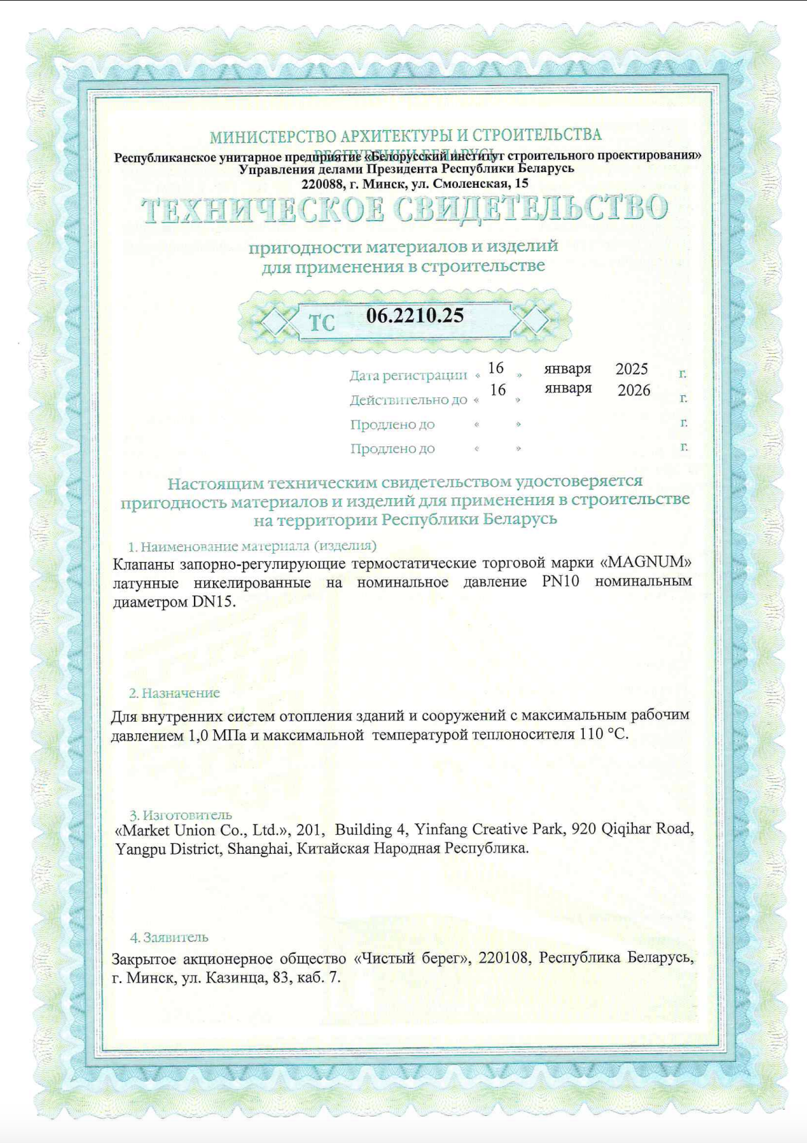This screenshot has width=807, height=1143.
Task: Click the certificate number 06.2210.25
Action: [414, 315]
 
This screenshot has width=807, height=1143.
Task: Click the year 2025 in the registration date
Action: [631, 369]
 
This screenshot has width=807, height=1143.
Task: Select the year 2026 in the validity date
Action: [633, 391]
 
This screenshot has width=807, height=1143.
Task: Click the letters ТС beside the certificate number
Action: [322, 322]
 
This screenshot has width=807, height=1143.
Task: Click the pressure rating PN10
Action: [561, 582]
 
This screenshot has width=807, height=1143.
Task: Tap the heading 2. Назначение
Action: [174, 693]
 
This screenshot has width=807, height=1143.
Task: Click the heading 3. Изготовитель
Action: [180, 814]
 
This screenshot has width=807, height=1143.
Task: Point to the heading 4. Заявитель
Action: [169, 937]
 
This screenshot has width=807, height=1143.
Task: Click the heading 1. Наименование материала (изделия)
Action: [252, 546]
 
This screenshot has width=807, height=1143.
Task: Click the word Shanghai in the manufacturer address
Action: [259, 848]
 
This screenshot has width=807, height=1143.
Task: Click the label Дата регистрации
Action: [408, 375]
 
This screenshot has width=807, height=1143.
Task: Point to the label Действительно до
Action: [408, 399]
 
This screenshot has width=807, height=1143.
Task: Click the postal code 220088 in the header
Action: [323, 184]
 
